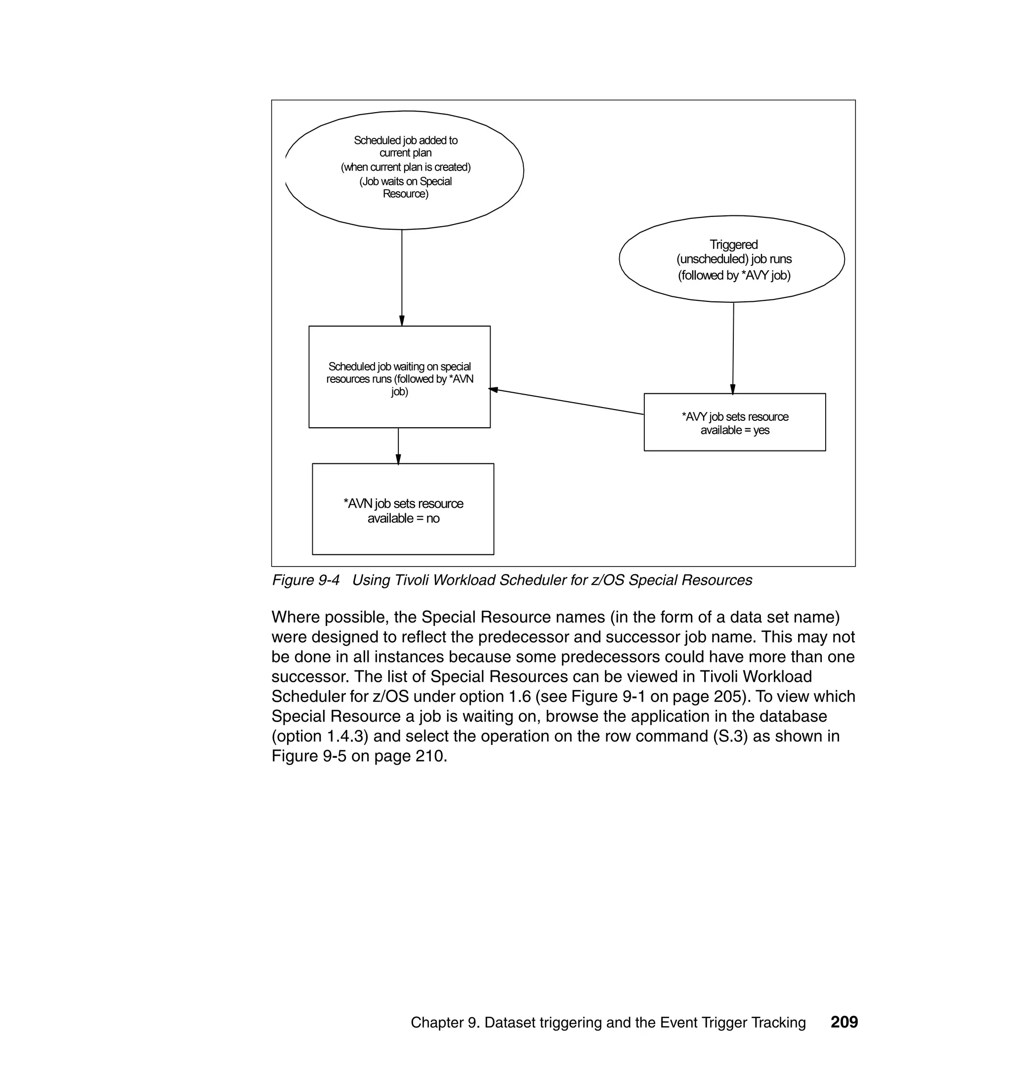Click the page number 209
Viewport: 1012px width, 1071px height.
tap(844, 1022)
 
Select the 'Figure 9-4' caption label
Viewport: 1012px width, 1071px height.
tap(305, 580)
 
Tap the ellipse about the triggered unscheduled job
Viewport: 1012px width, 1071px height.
tap(732, 259)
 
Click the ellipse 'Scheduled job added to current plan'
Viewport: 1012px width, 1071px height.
tap(405, 170)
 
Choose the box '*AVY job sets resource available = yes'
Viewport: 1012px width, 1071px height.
tap(734, 422)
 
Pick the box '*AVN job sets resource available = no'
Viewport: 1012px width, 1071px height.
tap(403, 509)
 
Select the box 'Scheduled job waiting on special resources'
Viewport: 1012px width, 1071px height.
tap(399, 377)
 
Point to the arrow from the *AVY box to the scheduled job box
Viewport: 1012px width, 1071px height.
tap(566, 401)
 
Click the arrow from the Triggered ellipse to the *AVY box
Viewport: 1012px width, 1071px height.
tap(733, 348)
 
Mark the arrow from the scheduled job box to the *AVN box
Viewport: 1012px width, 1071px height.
tap(398, 446)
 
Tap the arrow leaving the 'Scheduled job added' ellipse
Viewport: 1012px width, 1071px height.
tap(401, 278)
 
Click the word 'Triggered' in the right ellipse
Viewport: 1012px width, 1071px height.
tap(733, 245)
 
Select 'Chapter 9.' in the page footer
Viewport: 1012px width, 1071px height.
tap(445, 1023)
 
